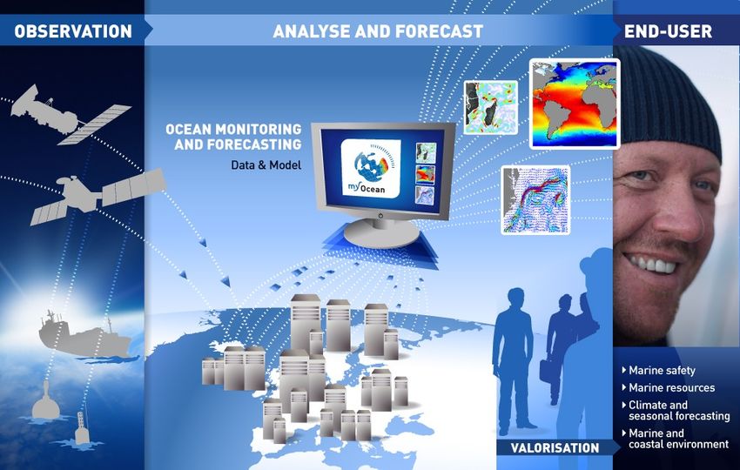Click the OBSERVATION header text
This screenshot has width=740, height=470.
(x=73, y=31)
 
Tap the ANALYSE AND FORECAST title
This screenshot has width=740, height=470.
(x=378, y=31)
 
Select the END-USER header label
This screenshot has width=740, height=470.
(x=668, y=31)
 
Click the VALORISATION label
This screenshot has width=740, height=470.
(x=555, y=447)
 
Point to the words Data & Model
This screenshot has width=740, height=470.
(x=266, y=165)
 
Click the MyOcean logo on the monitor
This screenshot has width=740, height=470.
(x=371, y=169)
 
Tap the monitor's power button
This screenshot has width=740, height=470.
(x=380, y=216)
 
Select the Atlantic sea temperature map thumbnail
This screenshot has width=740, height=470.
(x=575, y=104)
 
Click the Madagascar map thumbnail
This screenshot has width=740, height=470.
(x=490, y=108)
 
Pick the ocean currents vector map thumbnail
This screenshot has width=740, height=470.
(x=535, y=199)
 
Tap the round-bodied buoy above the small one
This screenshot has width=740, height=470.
(x=46, y=401)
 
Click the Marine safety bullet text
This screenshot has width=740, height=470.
(x=662, y=371)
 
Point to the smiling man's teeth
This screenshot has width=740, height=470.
(x=652, y=265)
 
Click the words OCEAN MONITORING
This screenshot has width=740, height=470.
(x=233, y=130)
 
